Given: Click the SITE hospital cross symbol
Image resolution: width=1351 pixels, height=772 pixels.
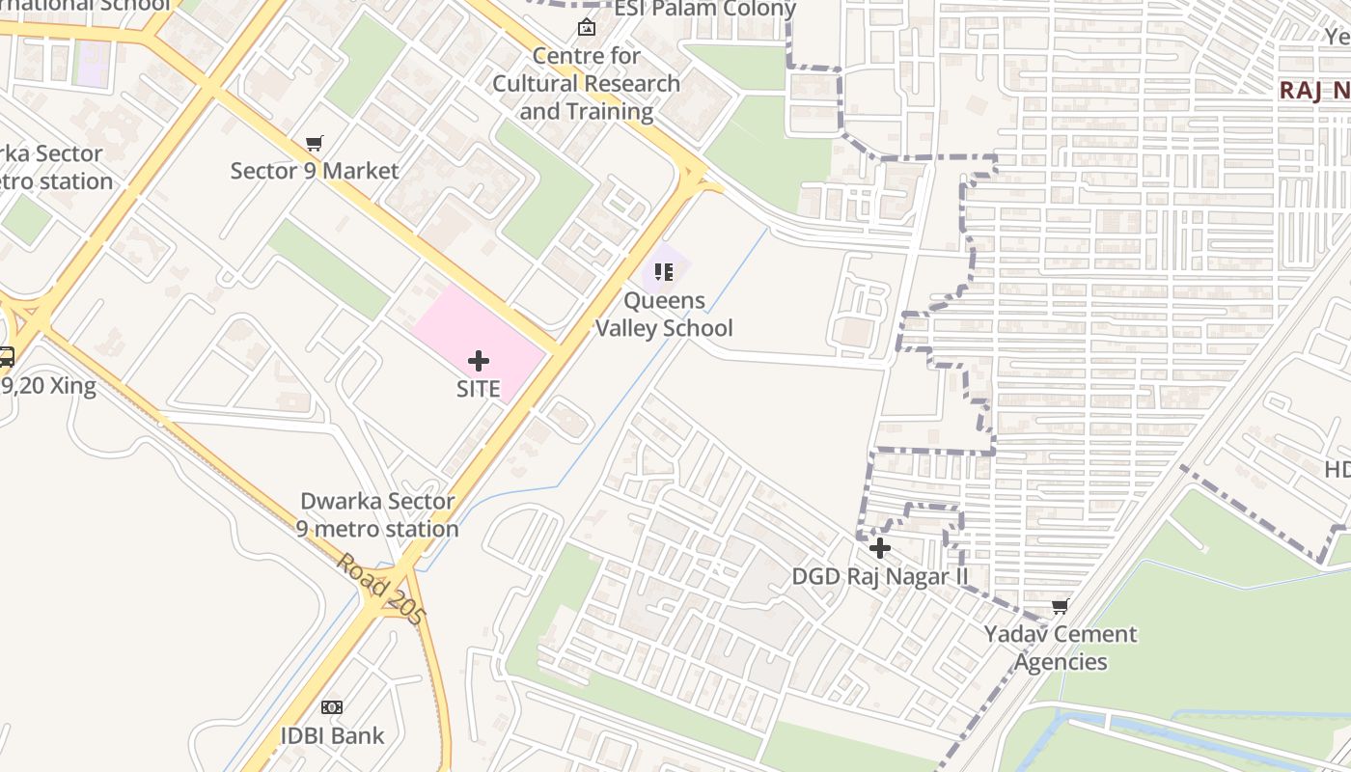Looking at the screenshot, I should point(478,361).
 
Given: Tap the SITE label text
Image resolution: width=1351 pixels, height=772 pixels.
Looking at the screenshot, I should point(478,389).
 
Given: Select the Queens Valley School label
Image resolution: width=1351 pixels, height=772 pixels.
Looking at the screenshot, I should point(664,315).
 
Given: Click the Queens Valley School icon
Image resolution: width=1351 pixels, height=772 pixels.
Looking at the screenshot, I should point(663,272).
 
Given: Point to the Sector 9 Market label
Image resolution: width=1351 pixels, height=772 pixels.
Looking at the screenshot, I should point(314,171).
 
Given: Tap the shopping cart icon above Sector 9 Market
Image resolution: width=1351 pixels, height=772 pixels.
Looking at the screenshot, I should point(314,144).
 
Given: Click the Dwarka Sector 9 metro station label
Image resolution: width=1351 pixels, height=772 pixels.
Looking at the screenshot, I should point(377,515).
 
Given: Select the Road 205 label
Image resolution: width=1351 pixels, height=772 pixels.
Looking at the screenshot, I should point(380,588).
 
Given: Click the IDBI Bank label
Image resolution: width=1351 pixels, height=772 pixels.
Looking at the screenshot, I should point(332,735).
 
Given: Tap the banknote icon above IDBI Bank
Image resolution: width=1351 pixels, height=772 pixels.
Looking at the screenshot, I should point(332,707).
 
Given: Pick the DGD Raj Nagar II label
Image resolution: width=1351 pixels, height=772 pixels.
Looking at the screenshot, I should point(879,576).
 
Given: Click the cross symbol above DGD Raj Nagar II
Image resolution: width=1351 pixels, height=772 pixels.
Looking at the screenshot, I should point(879,548).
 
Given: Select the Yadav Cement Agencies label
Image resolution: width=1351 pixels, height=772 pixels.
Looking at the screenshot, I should point(1060,648).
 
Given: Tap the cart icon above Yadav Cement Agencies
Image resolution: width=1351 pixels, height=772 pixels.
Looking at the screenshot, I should point(1060,606).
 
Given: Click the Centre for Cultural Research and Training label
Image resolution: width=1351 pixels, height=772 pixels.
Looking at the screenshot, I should point(586,84).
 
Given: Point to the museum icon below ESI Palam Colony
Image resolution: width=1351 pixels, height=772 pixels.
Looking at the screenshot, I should point(586,27).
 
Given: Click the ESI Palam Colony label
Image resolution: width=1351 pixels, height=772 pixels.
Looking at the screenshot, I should point(704,10).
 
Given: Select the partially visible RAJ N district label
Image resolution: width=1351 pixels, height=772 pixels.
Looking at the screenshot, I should point(1314,91).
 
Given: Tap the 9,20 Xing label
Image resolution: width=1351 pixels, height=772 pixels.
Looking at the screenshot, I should point(48,387).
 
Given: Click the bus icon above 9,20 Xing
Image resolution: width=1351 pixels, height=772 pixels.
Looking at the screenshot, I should point(6,357).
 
